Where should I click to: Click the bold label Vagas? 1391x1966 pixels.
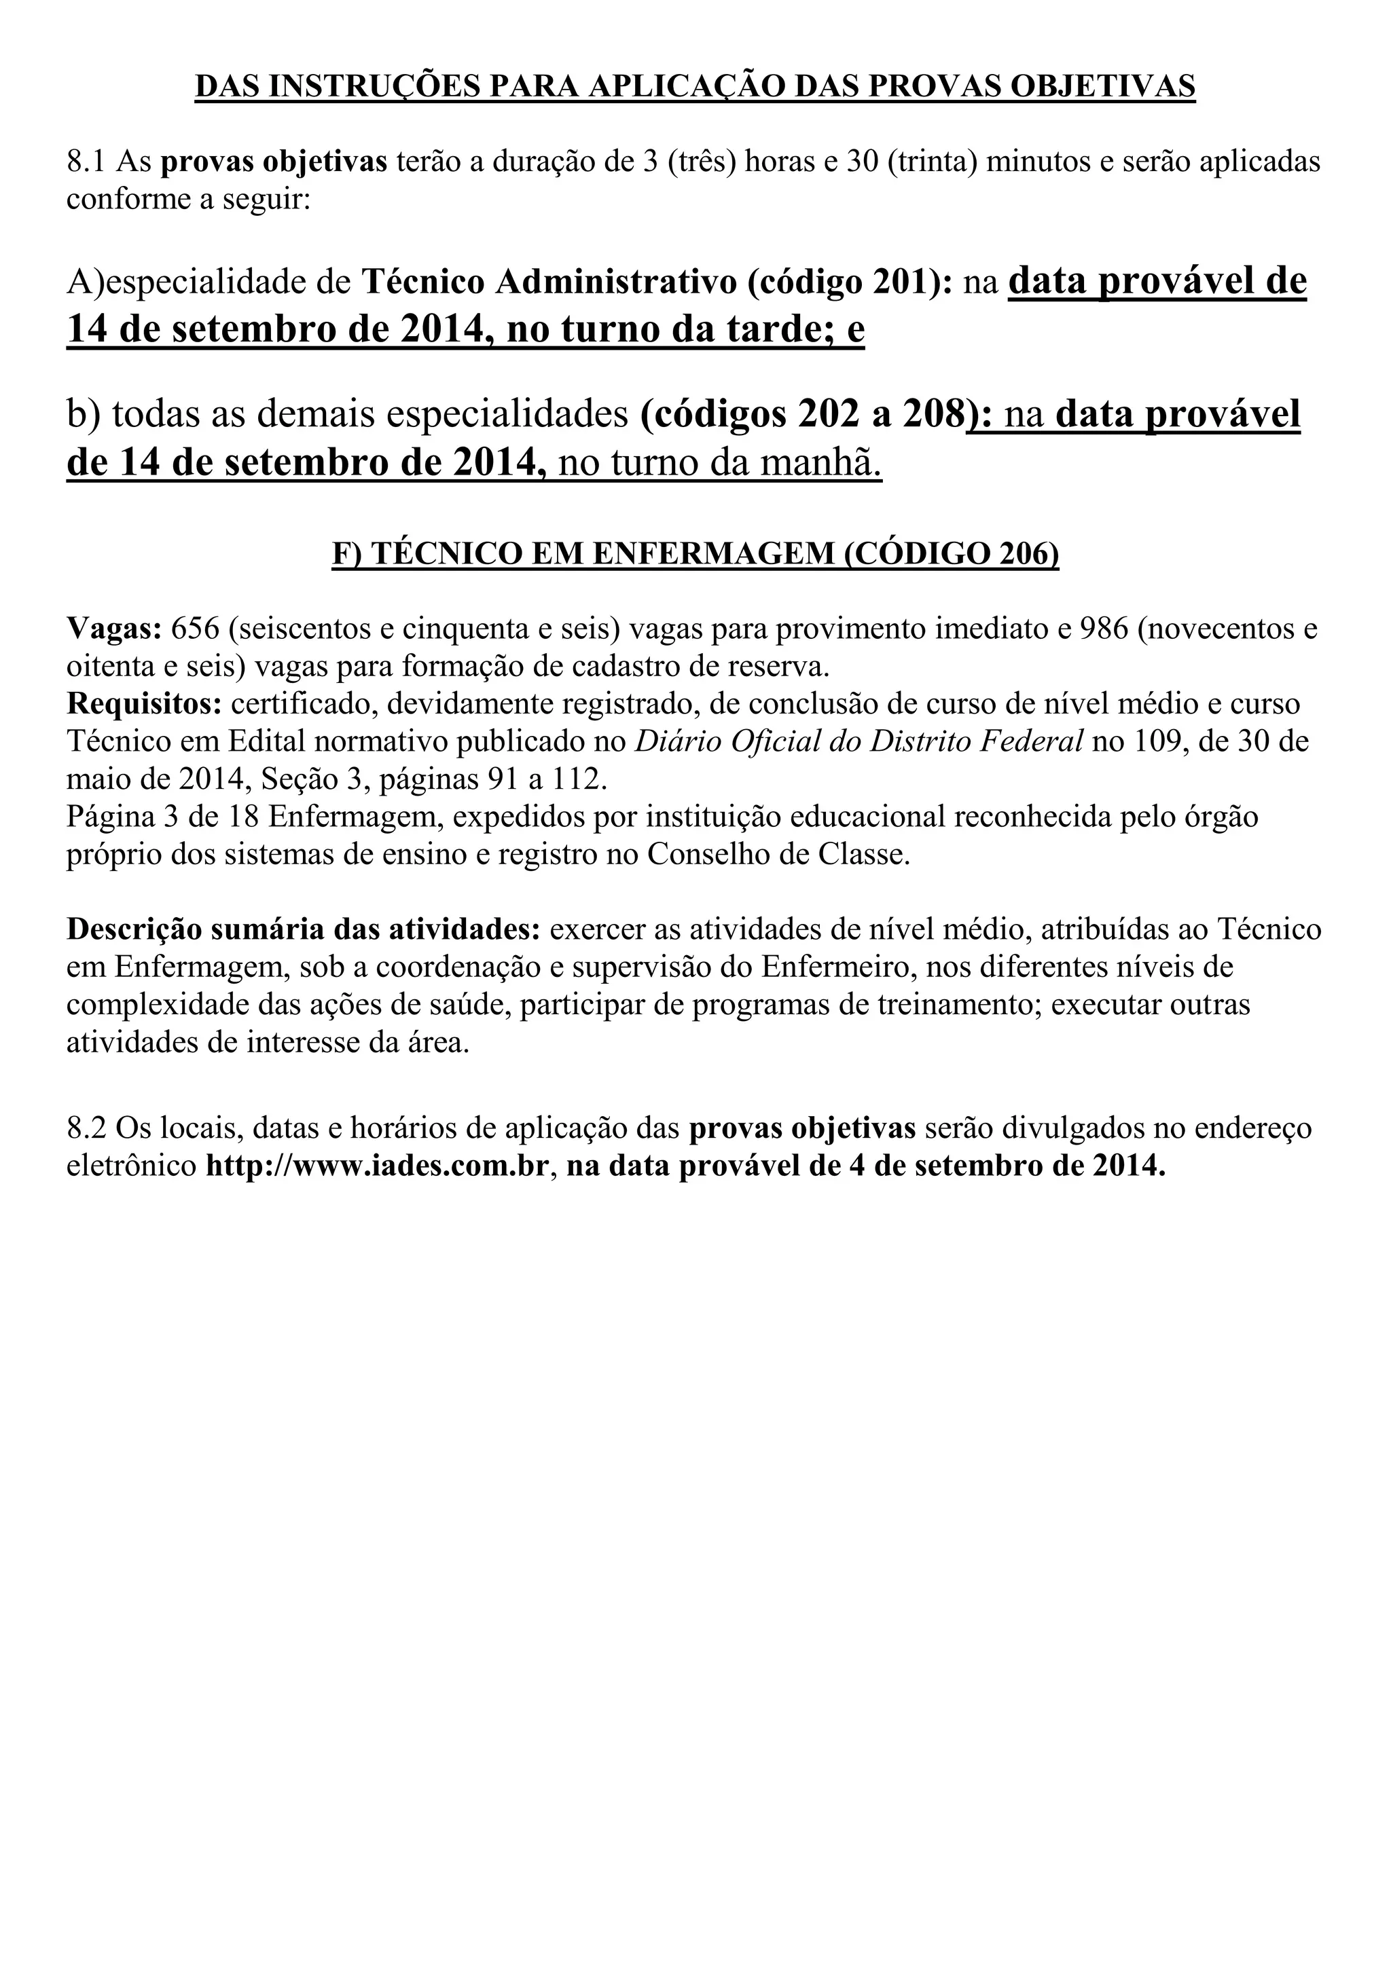(x=114, y=629)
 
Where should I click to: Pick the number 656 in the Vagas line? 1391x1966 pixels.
(x=196, y=629)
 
